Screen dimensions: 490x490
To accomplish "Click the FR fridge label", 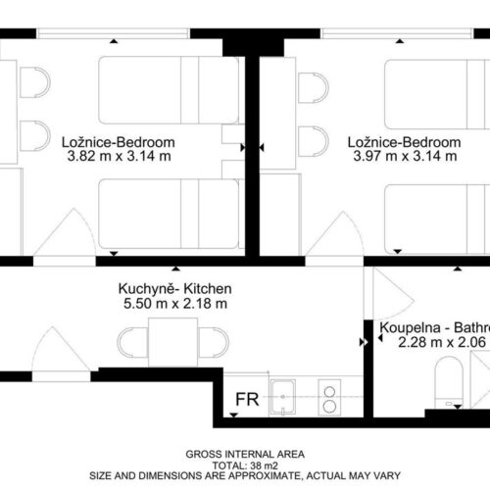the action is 247,399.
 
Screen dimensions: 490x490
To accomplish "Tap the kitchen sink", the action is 283,397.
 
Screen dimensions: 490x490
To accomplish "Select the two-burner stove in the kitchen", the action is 329,397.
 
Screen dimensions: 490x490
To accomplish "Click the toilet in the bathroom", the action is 449,382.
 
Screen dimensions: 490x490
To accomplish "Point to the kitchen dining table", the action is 172,342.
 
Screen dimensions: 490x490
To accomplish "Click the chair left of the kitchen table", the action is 132,343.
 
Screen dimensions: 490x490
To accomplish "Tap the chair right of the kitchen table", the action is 214,343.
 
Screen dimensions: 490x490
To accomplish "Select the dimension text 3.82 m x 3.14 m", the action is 120,156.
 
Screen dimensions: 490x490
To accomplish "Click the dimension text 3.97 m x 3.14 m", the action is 405,156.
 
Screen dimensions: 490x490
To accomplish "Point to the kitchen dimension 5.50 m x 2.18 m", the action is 175,304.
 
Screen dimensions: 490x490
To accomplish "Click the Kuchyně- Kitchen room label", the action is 175,289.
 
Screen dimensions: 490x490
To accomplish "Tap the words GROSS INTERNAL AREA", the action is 245,454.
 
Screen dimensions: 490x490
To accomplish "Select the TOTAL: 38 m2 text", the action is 245,465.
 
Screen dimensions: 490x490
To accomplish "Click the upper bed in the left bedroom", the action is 169,90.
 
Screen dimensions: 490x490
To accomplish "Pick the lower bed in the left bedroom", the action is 169,214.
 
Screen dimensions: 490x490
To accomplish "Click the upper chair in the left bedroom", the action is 35,82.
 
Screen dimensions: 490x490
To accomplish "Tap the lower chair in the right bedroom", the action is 314,141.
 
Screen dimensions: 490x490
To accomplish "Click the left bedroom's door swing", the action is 66,232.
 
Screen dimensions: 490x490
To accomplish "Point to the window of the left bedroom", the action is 113,33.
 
